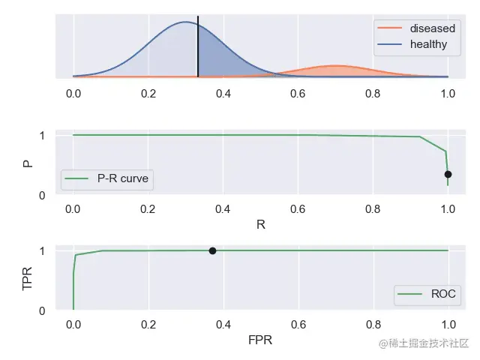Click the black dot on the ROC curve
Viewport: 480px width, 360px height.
coord(212,250)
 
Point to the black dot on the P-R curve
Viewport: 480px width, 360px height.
coord(448,174)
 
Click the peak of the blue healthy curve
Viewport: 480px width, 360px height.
coord(186,22)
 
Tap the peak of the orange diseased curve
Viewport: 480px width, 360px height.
coord(336,66)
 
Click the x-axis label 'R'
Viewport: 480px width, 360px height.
coord(260,224)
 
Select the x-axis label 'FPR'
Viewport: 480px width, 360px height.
coord(260,340)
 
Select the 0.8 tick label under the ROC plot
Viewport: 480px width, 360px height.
coord(373,325)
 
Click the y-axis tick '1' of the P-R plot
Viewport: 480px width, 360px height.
coord(42,136)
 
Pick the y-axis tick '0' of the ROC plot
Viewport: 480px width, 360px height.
coord(42,310)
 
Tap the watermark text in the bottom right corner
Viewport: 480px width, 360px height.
coord(424,344)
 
